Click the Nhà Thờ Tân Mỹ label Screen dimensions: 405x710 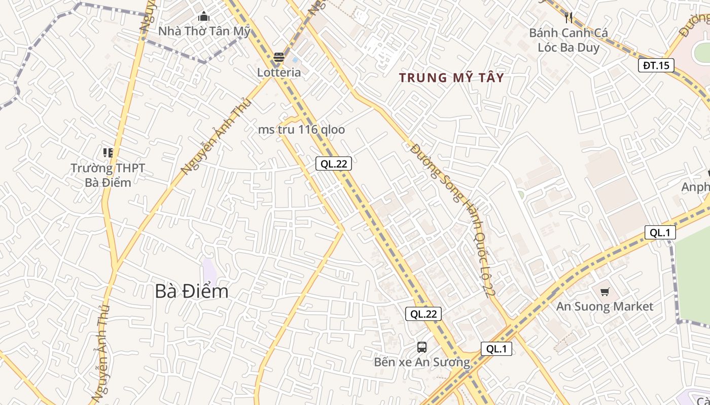point(204,31)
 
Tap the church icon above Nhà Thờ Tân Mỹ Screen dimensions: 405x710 point(204,17)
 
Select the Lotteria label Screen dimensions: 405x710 point(279,72)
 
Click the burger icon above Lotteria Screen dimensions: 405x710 point(278,58)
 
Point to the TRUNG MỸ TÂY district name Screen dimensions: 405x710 point(451,77)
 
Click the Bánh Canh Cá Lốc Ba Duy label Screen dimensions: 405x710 point(568,40)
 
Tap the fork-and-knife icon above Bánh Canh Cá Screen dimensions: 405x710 point(569,18)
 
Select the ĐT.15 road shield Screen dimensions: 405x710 point(656,65)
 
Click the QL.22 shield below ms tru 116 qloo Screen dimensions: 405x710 point(334,164)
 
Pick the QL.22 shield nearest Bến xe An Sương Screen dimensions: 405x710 point(423,314)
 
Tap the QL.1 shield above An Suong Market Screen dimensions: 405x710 point(660,232)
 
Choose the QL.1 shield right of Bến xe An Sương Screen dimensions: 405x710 point(496,349)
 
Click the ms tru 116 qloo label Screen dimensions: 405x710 point(301,130)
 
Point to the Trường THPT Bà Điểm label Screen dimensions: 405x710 point(108,175)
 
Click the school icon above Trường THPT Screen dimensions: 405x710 point(108,152)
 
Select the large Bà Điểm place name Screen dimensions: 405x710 point(192,291)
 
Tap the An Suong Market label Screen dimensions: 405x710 point(605,306)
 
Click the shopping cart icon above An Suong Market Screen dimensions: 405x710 point(605,292)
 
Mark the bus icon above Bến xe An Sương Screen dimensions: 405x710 point(422,347)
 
